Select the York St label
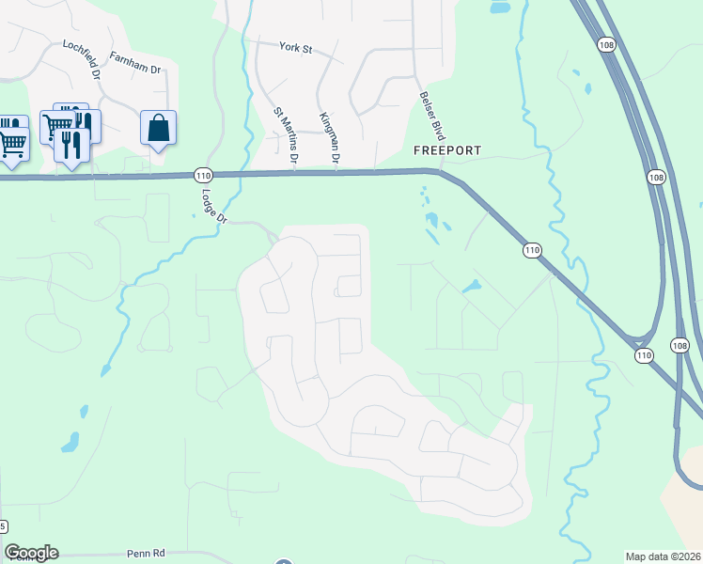click(x=295, y=46)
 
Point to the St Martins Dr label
click(x=285, y=136)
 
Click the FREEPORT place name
click(x=447, y=150)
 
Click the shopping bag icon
click(x=158, y=128)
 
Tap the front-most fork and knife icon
click(x=71, y=145)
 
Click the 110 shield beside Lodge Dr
click(x=204, y=175)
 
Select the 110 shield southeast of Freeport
click(x=532, y=250)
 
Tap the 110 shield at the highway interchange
click(x=643, y=355)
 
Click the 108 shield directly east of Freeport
click(x=656, y=176)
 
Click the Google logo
click(x=31, y=553)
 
